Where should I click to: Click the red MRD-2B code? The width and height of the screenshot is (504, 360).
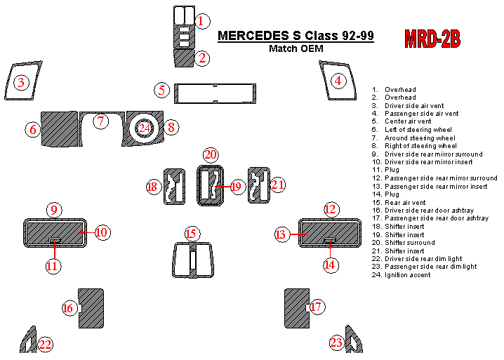point(432,39)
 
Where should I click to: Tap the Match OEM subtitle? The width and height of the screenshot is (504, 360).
point(296,48)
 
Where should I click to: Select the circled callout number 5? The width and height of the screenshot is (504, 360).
point(161,91)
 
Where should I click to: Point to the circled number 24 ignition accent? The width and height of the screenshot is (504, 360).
point(144,128)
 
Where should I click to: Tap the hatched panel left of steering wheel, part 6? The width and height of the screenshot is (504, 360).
point(60,129)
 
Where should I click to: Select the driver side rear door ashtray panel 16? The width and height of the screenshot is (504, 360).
point(91,308)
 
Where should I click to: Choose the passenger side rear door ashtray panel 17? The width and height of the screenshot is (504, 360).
point(297,308)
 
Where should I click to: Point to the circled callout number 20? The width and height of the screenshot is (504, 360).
point(211,155)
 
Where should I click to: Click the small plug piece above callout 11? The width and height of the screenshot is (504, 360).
point(55,240)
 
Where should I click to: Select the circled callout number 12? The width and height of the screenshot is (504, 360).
point(330,210)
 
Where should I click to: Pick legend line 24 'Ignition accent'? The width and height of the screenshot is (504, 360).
point(401,275)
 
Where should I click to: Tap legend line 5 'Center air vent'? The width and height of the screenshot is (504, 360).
point(402,121)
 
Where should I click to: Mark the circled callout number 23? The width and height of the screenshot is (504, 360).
point(336,342)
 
